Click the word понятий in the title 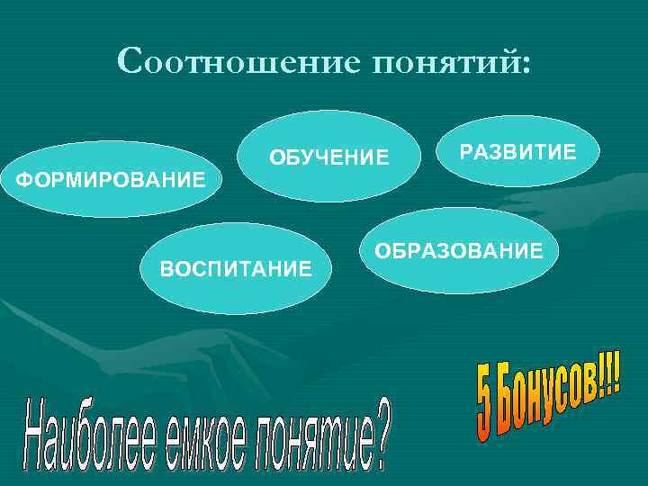pos(441,64)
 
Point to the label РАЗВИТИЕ pos(517,150)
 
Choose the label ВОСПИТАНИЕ pos(236,267)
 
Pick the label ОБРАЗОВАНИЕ pos(459,250)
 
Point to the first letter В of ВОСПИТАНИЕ pos(166,267)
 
